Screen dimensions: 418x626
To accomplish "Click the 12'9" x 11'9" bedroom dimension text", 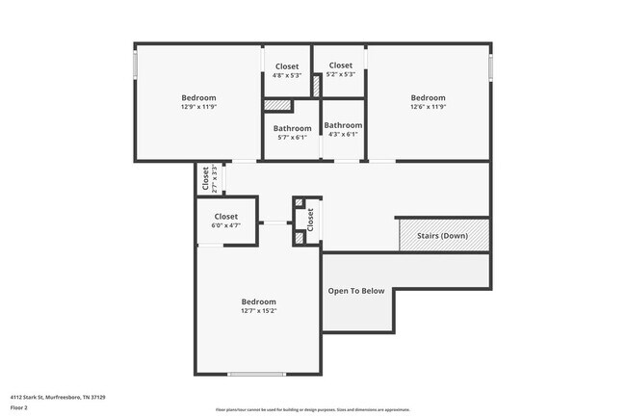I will tap(198, 108).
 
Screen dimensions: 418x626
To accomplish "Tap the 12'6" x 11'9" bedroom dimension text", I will tap(428, 108).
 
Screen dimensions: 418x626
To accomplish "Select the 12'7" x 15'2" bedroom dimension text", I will tap(258, 311).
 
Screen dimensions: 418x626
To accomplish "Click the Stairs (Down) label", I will tap(442, 236).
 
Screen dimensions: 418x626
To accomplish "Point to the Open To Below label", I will tap(355, 291).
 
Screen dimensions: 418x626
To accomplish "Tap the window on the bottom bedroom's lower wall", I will tap(256, 375).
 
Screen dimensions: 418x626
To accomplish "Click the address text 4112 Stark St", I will tap(58, 396).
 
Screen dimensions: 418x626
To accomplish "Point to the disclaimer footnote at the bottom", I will tap(312, 409).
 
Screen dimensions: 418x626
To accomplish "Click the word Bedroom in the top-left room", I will tap(198, 97).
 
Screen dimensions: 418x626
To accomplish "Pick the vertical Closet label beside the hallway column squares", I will tap(310, 220).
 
